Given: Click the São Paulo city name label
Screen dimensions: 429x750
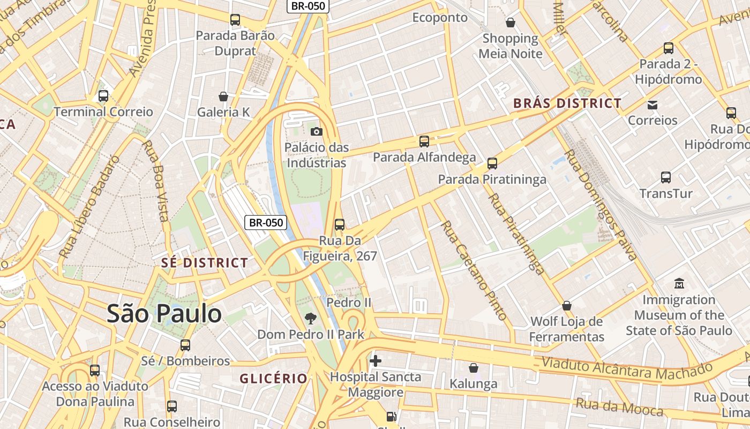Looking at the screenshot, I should [164, 314].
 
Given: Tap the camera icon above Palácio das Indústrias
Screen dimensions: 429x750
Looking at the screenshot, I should [317, 131].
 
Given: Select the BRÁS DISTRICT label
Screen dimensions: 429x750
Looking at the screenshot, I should [567, 103].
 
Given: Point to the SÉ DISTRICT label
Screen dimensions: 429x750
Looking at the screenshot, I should [205, 263].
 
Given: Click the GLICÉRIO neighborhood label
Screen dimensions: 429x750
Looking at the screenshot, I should [274, 379].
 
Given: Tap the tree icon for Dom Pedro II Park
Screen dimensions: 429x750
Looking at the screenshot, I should [310, 319].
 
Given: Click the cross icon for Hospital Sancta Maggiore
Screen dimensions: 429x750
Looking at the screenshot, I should [376, 361].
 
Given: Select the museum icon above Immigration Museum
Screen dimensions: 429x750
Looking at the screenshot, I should [679, 283].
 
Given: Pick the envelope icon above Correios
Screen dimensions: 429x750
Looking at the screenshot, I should [652, 105].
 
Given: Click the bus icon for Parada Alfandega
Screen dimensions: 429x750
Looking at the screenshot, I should [424, 142].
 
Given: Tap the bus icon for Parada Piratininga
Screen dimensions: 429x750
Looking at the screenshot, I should [492, 164].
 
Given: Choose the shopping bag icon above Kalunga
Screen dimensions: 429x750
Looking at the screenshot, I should [473, 368].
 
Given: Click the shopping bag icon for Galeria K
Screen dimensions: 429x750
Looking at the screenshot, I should [223, 97].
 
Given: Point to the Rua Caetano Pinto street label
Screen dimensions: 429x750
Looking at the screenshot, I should [474, 271].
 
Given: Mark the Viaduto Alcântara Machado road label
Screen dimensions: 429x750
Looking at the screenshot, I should [627, 370].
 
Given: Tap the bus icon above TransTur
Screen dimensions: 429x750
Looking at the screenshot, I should [666, 177].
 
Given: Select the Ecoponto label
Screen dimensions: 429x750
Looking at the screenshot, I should [440, 17].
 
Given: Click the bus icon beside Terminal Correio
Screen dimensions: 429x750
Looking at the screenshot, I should [103, 97].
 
